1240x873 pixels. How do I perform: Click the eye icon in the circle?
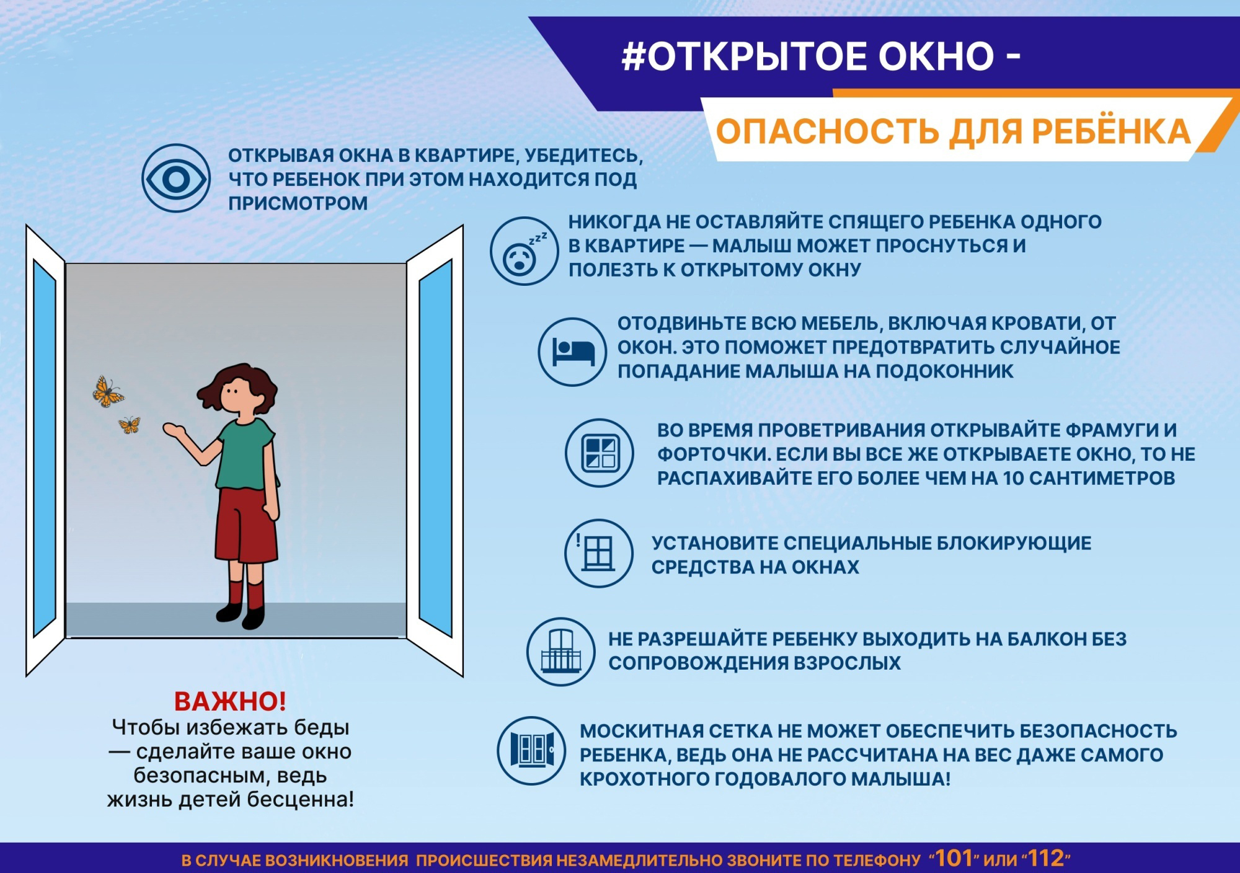(176, 179)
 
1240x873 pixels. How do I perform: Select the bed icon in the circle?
(572, 352)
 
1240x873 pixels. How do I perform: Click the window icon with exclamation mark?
(599, 553)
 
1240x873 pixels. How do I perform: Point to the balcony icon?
(561, 652)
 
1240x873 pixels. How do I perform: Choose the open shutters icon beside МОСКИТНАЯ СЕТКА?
(531, 751)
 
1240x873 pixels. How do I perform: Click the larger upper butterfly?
(107, 391)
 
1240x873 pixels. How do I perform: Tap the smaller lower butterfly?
(130, 424)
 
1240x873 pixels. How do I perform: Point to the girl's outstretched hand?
(174, 429)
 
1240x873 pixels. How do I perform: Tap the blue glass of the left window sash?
(44, 447)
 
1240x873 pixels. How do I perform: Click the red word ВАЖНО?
(230, 701)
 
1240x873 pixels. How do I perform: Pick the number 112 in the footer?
(1047, 858)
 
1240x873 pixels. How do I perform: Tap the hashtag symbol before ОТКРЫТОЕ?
(634, 57)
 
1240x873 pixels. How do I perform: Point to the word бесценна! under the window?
(301, 799)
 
